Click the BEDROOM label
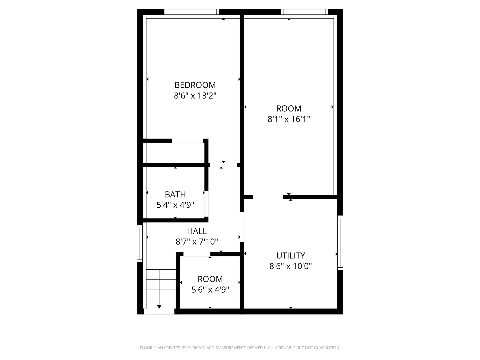pos(195,85)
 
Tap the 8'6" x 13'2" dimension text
pos(195,96)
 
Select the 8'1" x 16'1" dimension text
pos(289,119)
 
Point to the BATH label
pos(175,194)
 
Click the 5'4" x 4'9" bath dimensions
pos(175,205)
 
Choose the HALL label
pos(197,231)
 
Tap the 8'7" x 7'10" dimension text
pos(197,242)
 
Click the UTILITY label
pos(291,256)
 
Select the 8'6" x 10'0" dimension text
pos(291,266)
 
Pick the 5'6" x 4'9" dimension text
pos(210,290)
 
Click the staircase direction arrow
pos(159,306)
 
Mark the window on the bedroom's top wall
pos(192,12)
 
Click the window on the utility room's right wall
pos(340,242)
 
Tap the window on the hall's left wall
pos(140,243)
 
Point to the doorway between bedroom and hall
pos(223,165)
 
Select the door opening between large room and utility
pos(268,197)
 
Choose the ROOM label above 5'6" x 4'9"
pos(210,279)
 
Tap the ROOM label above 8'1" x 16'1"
pos(289,109)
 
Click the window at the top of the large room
pos(304,12)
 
